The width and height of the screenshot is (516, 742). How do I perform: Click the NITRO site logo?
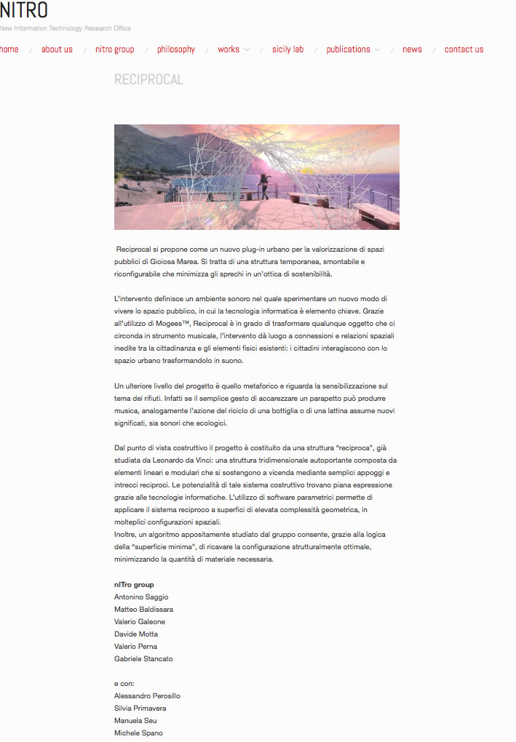tap(24, 10)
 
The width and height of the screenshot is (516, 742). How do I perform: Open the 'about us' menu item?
tap(57, 49)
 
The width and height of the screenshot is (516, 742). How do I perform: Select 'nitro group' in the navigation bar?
tap(115, 49)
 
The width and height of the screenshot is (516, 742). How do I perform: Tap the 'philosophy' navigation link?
tap(176, 49)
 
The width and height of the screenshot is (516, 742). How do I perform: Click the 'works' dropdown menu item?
tap(229, 49)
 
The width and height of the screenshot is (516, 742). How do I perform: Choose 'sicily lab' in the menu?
tap(287, 49)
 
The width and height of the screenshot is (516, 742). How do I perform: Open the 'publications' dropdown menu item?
tap(349, 49)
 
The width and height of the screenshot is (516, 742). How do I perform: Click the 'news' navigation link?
tap(412, 49)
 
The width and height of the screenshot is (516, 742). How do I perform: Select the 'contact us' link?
tap(464, 49)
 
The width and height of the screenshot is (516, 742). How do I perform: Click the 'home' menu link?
tap(9, 49)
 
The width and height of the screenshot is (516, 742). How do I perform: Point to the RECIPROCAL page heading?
tap(148, 79)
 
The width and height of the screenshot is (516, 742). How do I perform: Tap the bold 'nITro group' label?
tap(134, 584)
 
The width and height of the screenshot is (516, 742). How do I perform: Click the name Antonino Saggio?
tap(141, 597)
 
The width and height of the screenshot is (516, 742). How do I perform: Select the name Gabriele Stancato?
tap(143, 658)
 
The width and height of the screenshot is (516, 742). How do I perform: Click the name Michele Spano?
tap(138, 733)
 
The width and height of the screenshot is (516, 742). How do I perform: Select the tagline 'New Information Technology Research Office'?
tap(66, 28)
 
